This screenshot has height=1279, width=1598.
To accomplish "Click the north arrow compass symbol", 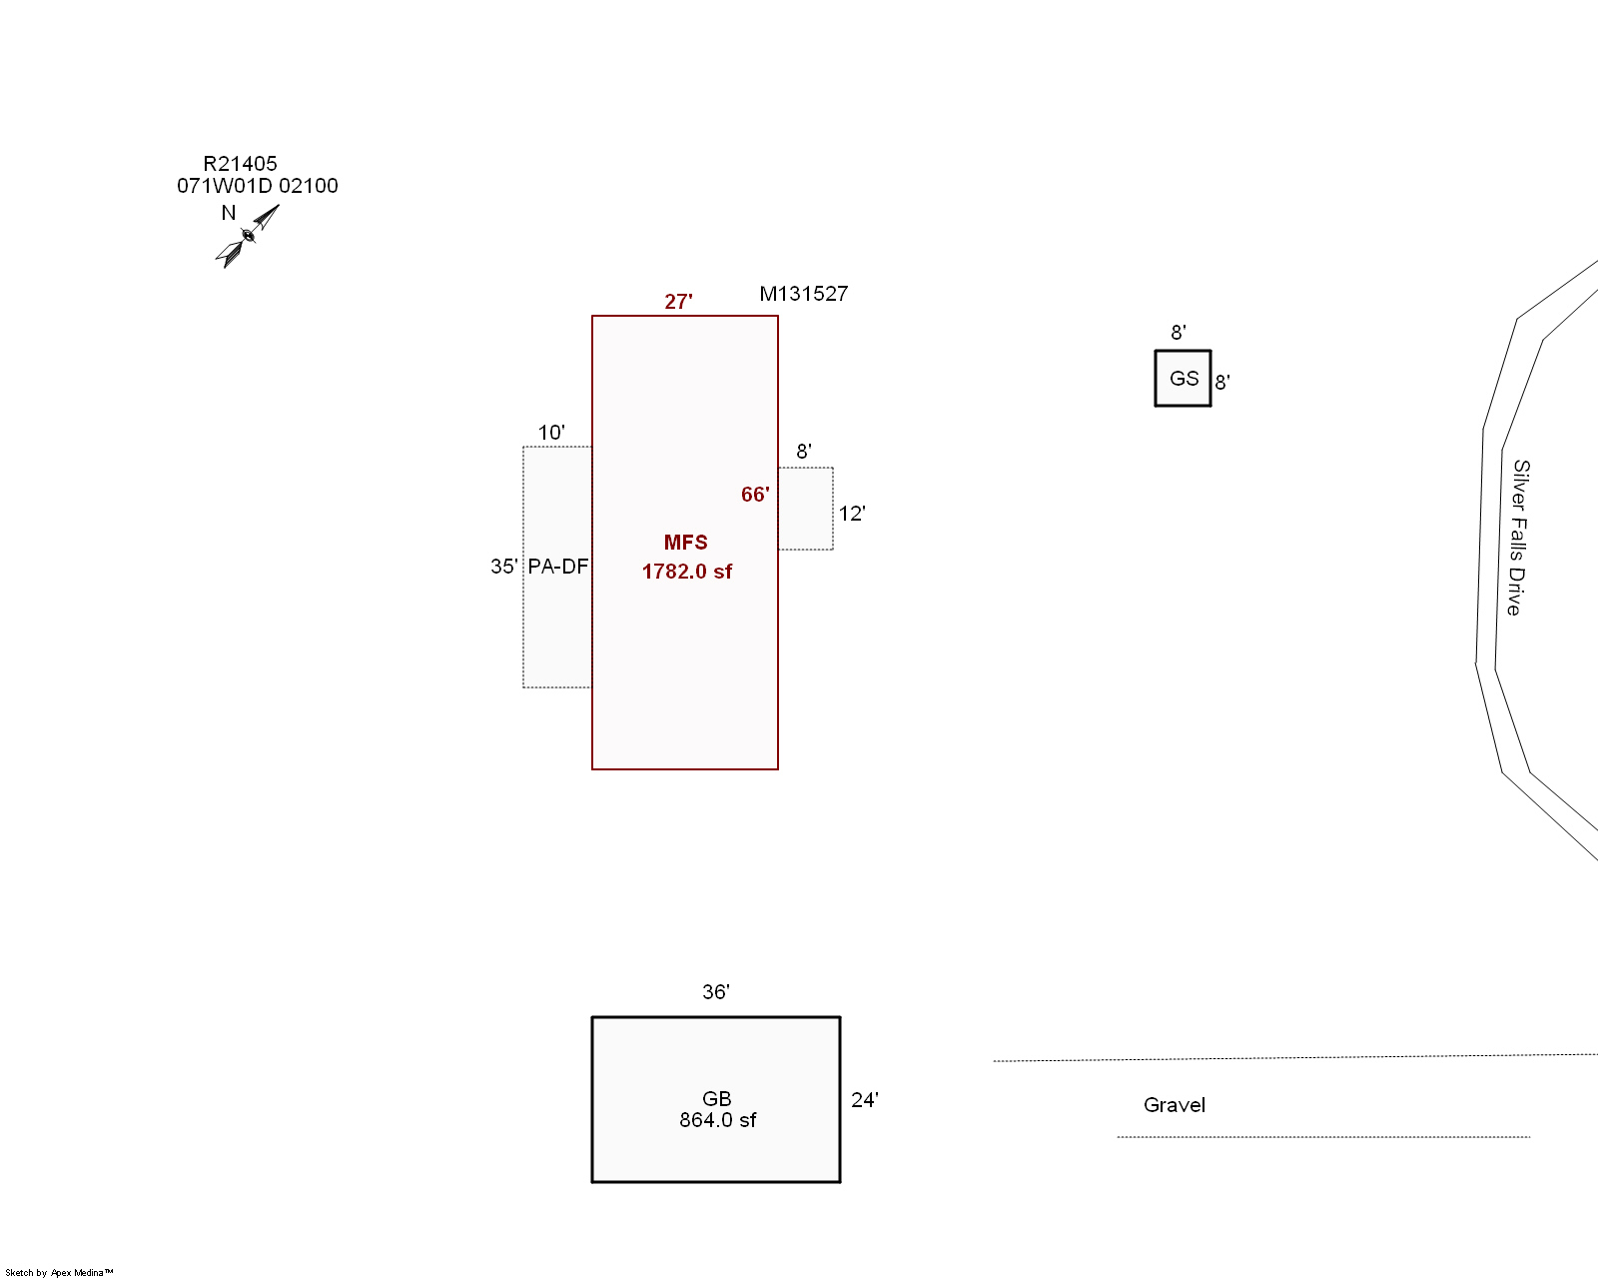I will [x=247, y=236].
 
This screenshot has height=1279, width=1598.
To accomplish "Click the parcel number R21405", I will [x=240, y=164].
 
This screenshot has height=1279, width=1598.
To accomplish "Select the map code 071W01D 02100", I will [x=258, y=186].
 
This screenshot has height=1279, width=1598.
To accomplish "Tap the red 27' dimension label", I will [x=678, y=302].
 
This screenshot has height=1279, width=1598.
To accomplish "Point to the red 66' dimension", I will [x=755, y=495].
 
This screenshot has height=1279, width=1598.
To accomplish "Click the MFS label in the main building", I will [x=685, y=543].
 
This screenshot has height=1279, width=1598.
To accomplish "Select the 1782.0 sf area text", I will [x=686, y=572].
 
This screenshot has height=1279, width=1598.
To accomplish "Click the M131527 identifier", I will [x=803, y=294].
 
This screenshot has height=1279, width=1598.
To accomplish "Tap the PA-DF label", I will [x=557, y=567].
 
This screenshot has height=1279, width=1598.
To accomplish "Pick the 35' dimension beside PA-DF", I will [x=503, y=567].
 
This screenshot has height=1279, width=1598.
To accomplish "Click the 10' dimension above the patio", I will [x=551, y=433].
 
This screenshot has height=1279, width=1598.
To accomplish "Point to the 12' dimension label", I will [x=851, y=514].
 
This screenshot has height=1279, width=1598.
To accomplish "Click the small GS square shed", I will [x=1184, y=379].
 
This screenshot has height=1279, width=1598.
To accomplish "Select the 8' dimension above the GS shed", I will [x=1179, y=333].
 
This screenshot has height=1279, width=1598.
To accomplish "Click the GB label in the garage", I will [x=717, y=1099].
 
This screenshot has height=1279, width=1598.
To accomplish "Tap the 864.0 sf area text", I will [x=717, y=1121].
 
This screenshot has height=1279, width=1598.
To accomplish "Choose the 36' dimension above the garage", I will [x=715, y=992].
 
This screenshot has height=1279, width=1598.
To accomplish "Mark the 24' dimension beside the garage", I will [x=864, y=1100].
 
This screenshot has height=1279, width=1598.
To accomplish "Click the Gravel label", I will [x=1174, y=1105].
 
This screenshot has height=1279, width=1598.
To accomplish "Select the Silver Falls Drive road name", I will [x=1518, y=538].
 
